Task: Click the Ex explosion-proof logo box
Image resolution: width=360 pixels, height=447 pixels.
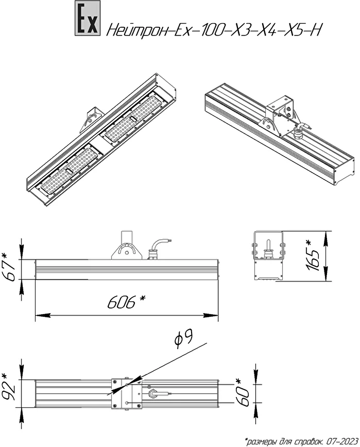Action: (88, 18)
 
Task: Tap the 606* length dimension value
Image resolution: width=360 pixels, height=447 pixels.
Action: (126, 302)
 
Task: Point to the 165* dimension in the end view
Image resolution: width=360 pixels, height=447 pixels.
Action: (313, 255)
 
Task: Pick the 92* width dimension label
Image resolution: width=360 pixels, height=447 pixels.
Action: (9, 387)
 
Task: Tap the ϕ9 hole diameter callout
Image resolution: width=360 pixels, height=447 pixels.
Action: (184, 338)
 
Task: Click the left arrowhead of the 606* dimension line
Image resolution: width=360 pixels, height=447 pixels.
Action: (41, 315)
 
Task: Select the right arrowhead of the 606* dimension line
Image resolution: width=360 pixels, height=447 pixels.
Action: (212, 315)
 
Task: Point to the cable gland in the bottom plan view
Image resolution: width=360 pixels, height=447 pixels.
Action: (152, 393)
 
